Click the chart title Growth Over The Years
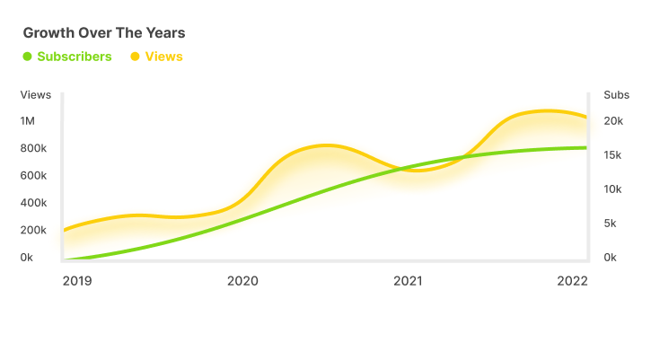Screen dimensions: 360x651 (x=104, y=33)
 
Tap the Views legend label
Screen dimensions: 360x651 (x=163, y=57)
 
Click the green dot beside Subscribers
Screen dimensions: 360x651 (x=27, y=57)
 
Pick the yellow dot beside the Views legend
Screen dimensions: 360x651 (x=136, y=57)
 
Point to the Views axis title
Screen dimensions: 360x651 (x=36, y=94)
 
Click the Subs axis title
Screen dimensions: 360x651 (x=617, y=94)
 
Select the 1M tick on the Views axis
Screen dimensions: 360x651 (x=28, y=121)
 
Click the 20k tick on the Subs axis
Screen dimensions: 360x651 (x=614, y=121)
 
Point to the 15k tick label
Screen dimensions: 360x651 (x=614, y=155)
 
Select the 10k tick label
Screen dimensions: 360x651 (x=614, y=189)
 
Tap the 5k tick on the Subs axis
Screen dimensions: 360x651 (x=611, y=224)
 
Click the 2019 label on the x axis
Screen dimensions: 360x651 (x=78, y=281)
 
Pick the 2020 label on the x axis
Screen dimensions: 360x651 (x=242, y=281)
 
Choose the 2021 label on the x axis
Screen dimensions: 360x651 (x=408, y=281)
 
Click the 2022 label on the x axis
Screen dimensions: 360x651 (x=572, y=281)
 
